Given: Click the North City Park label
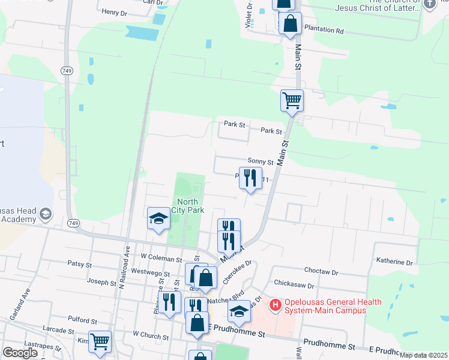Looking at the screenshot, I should pos(188,206).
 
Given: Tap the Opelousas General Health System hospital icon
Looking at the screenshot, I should pos(276,305).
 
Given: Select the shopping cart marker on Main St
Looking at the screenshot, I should pos(292,100).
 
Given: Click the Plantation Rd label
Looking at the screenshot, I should pos(324,29).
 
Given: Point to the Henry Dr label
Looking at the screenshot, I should pos(114,11).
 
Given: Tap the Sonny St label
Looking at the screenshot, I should pos(261,162).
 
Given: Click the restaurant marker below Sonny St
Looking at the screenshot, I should pos(250,178).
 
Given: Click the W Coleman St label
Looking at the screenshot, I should pos(161,259).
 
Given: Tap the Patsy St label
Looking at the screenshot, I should pos(80,263).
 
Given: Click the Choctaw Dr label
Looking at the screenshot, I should pos(322,272).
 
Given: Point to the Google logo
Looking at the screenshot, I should pos(20,353).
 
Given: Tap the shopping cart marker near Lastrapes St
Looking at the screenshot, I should pos(100,341).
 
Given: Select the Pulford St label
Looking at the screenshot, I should pos(83,322).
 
